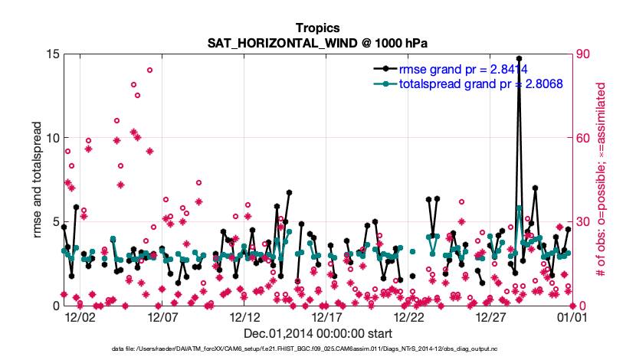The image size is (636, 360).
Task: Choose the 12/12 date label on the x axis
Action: point(244,316)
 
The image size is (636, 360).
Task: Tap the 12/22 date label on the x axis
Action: point(408,316)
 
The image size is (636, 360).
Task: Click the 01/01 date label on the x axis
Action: point(572,316)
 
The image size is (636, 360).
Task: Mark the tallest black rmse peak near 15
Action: point(519,58)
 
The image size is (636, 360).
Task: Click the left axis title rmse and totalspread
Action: point(37,180)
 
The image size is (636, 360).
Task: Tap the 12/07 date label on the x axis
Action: point(162,316)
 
